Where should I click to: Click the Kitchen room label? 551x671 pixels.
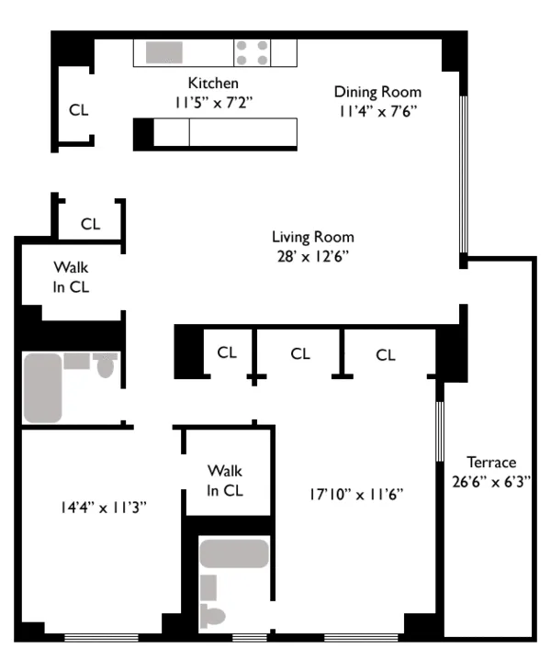213,83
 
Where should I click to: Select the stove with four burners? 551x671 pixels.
253,51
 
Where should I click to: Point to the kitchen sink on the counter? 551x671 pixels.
163,51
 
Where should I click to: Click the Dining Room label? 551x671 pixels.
377,91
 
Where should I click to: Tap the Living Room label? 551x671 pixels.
312,236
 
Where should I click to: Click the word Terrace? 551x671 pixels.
490,462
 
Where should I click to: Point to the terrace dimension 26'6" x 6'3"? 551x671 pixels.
490,480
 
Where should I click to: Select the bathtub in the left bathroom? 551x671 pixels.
42,387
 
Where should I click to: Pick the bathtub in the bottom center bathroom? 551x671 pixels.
234,554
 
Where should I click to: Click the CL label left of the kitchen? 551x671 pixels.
79,110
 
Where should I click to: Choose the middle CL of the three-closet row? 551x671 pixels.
300,352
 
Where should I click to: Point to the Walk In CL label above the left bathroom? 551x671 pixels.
71,276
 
